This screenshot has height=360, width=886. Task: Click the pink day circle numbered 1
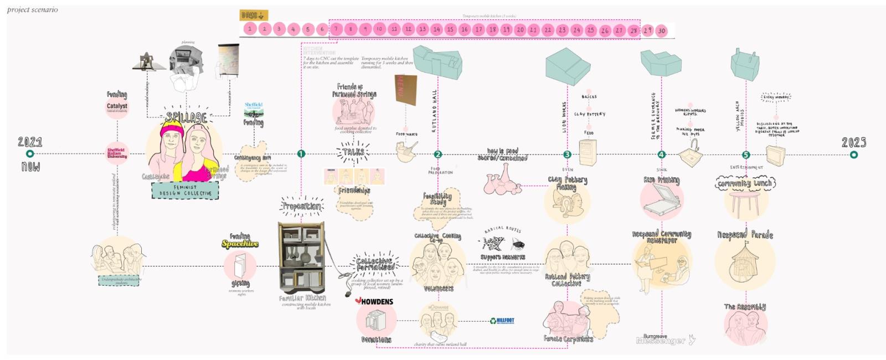point(250,29)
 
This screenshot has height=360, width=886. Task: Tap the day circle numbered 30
point(662,31)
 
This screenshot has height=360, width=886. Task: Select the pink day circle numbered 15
point(450,29)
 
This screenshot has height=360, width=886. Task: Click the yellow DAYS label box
point(254,16)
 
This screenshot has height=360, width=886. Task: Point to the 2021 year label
point(30,142)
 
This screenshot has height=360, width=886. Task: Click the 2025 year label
point(854,142)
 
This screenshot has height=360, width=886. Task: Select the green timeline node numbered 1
point(301,154)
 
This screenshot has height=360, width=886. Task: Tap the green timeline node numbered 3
point(567,155)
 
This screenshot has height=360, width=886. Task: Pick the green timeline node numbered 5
point(746,155)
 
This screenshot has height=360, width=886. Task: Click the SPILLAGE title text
point(187,117)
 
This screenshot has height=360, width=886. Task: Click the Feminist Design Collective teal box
point(185,191)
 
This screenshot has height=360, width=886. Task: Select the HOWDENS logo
point(374,302)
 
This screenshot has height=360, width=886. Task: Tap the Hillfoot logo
point(502,321)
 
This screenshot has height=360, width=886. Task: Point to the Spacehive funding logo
point(240,244)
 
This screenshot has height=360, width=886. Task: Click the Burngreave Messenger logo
point(662,340)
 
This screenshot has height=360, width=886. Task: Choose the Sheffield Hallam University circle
point(117,153)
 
